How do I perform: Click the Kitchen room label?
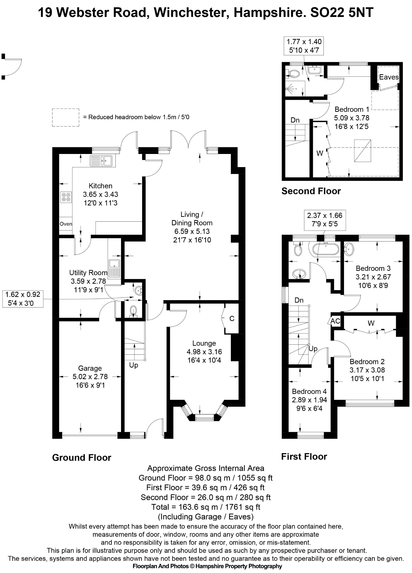click(100, 186)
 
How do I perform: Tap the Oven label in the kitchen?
click(66, 224)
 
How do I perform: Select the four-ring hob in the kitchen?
click(66, 197)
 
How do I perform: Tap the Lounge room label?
click(204, 343)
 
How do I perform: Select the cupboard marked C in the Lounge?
click(231, 319)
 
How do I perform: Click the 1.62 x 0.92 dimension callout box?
click(23, 299)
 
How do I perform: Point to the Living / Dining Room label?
click(192, 219)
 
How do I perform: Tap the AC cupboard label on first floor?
click(335, 321)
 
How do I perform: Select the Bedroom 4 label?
click(309, 391)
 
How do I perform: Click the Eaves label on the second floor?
click(389, 77)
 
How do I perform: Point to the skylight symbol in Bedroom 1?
click(362, 151)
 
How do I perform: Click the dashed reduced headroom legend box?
click(66, 118)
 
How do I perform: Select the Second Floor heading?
click(311, 191)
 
